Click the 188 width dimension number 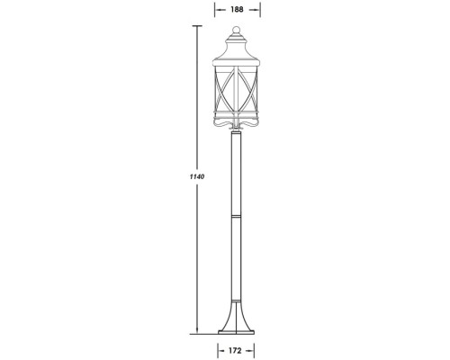(237, 10)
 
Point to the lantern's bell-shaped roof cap (237, 50)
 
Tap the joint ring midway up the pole (236, 216)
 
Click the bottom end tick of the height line (195, 331)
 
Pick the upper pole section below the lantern (236, 171)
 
